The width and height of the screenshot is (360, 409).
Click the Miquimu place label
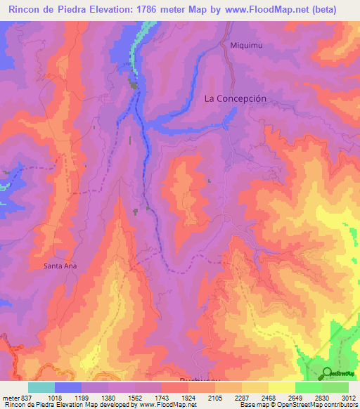(x=245, y=45)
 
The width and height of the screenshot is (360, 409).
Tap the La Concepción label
(x=235, y=98)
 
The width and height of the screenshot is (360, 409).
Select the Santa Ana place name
(x=60, y=266)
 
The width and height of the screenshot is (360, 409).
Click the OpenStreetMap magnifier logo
(x=327, y=372)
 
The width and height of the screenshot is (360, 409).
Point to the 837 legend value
(x=22, y=397)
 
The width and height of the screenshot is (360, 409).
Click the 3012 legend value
(x=347, y=397)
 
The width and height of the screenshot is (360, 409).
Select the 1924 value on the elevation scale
(x=187, y=397)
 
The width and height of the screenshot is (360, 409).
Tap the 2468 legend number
(x=267, y=397)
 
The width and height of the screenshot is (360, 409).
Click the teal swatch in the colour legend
(x=41, y=387)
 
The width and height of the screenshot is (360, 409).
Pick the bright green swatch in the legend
(x=308, y=387)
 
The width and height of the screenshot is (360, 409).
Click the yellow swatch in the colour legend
(x=281, y=387)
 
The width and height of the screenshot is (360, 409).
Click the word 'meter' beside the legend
(x=8, y=397)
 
